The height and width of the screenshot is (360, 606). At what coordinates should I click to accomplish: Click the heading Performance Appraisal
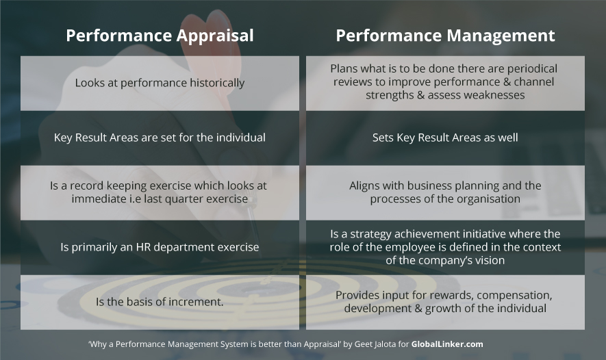[x=160, y=36]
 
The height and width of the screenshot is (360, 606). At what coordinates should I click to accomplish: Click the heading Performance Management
[x=445, y=36]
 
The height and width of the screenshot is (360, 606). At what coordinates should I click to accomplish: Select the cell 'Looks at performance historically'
[x=160, y=83]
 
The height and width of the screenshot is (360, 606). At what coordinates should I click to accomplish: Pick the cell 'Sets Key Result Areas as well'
[x=445, y=138]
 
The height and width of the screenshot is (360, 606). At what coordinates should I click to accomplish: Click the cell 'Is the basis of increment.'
[x=160, y=302]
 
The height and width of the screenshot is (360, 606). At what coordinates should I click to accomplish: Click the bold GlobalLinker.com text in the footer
[x=447, y=344]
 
